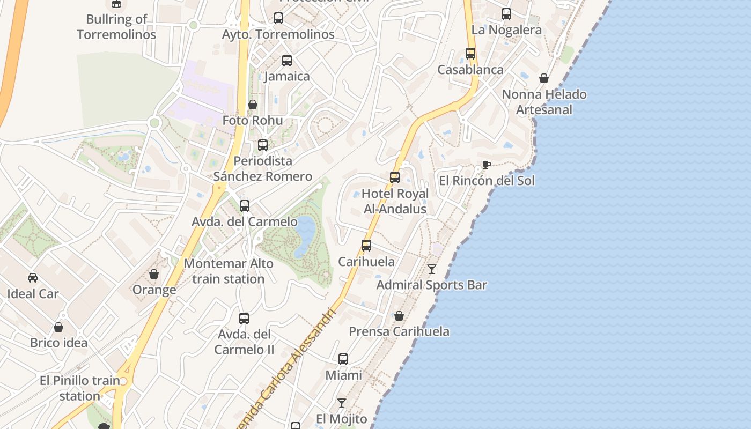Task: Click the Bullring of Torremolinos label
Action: pyautogui.click(x=116, y=27)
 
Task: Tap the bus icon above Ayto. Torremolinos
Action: pyautogui.click(x=278, y=18)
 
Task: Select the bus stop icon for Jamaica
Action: pyautogui.click(x=287, y=60)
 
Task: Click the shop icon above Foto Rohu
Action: pyautogui.click(x=253, y=104)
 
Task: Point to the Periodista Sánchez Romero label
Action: pyautogui.click(x=263, y=168)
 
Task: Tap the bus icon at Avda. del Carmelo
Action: pyautogui.click(x=245, y=205)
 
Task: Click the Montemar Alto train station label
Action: pyautogui.click(x=229, y=271)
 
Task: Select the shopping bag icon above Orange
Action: pyautogui.click(x=154, y=274)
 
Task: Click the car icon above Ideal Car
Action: pyautogui.click(x=33, y=277)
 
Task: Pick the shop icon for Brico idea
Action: pyautogui.click(x=58, y=327)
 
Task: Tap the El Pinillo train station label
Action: pyautogui.click(x=80, y=388)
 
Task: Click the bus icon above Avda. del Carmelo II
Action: pyautogui.click(x=244, y=318)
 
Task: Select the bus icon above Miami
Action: pyautogui.click(x=343, y=359)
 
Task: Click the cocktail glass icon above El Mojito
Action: pyautogui.click(x=341, y=403)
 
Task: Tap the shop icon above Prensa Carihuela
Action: pyautogui.click(x=399, y=316)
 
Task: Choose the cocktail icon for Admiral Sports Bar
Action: pyautogui.click(x=432, y=269)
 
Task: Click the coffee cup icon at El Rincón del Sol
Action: pyautogui.click(x=486, y=165)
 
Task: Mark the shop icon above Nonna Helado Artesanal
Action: pyautogui.click(x=544, y=78)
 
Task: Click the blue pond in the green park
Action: pyautogui.click(x=305, y=234)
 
